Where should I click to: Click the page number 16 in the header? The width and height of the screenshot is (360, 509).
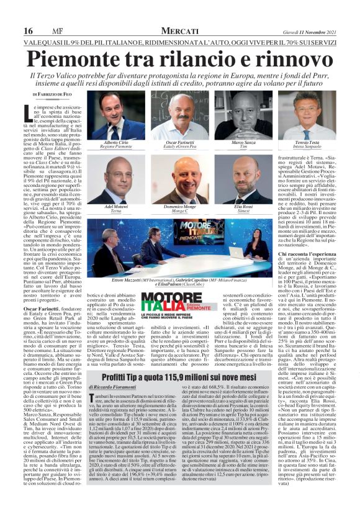click(x=29, y=30)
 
